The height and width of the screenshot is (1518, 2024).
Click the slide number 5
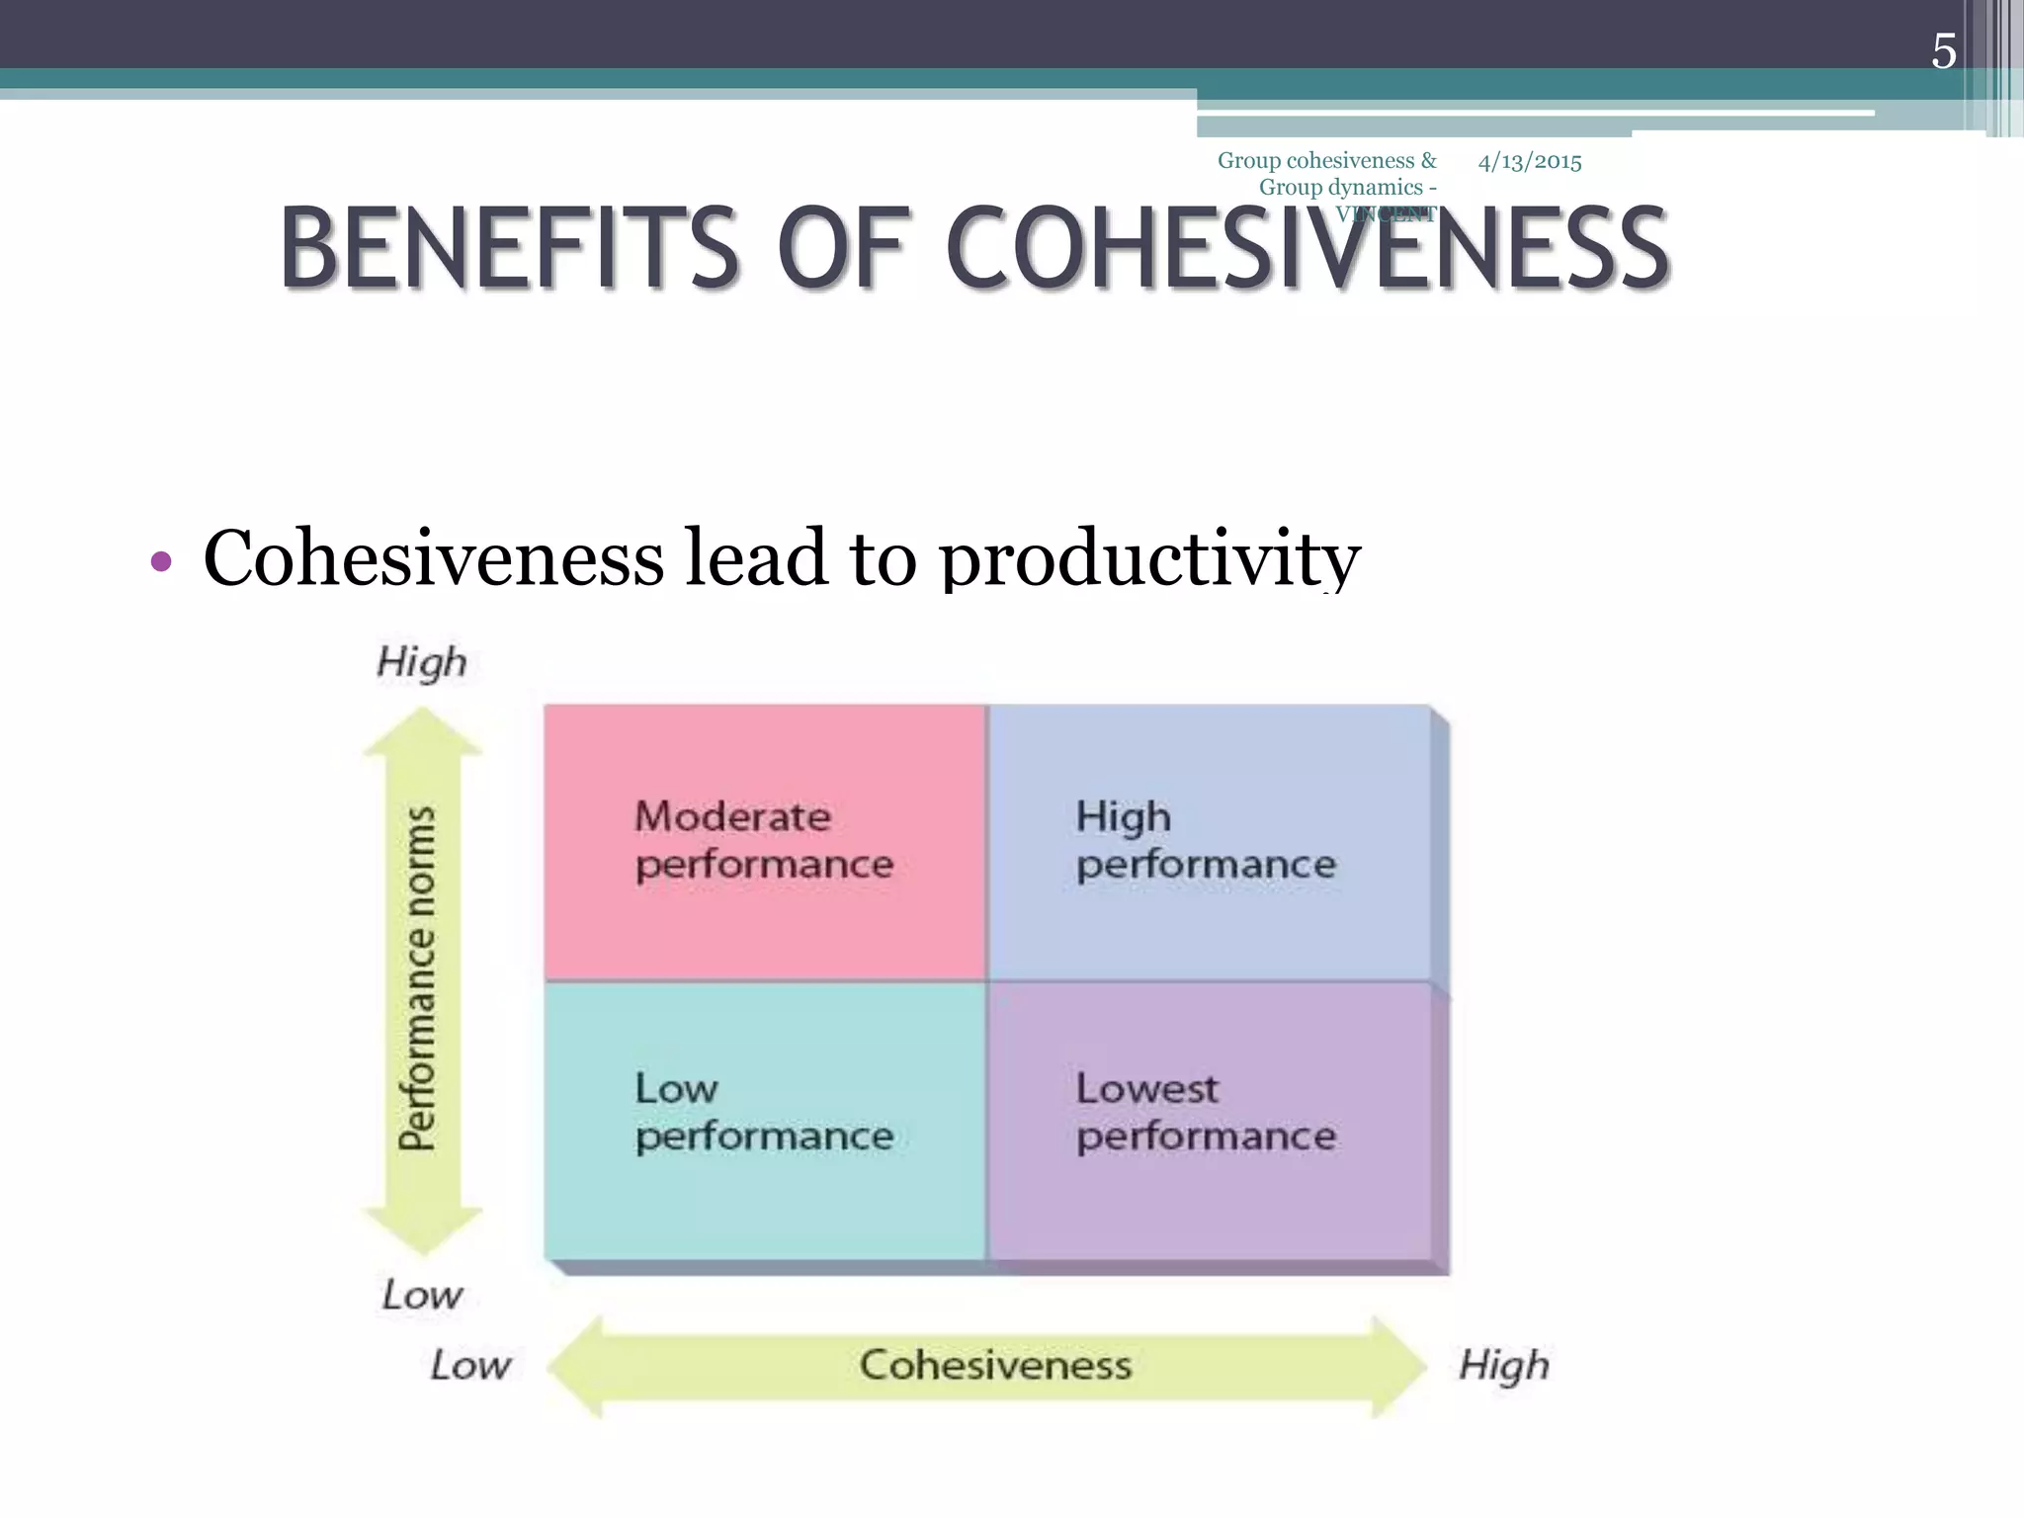click(1943, 51)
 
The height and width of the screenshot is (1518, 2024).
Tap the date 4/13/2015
click(1529, 162)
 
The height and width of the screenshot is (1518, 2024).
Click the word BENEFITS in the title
click(509, 248)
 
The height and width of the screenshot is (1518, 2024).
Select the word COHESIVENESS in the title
click(1307, 248)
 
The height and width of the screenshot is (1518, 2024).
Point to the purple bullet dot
click(161, 562)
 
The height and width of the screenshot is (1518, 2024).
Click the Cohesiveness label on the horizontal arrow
click(995, 1366)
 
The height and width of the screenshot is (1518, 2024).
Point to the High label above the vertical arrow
click(422, 662)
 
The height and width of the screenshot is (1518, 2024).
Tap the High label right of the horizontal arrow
click(1503, 1366)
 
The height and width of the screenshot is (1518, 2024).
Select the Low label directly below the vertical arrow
click(422, 1295)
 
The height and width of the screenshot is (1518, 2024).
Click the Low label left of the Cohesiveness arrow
click(470, 1366)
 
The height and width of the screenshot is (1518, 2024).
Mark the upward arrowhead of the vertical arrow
click(423, 731)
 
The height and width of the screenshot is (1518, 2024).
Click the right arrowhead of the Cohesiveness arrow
click(1398, 1366)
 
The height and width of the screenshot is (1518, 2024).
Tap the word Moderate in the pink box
click(732, 817)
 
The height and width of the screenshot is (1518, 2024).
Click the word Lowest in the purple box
click(1146, 1089)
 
